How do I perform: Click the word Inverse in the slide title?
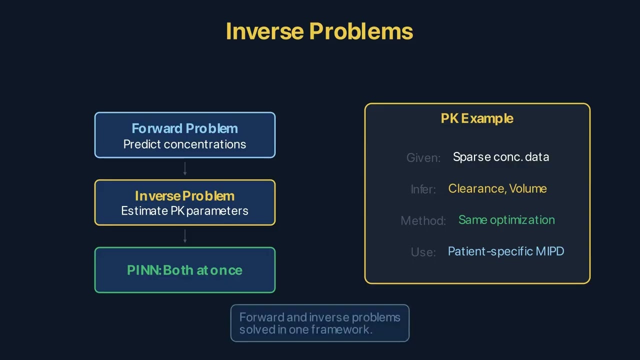264,31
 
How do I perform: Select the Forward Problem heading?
184,128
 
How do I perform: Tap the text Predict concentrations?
184,144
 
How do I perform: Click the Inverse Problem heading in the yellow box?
184,195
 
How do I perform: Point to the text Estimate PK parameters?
184,210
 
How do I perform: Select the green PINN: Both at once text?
184,270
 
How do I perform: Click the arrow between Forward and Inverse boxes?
185,168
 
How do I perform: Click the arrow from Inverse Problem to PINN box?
185,236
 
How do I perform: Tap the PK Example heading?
477,118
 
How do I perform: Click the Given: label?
423,158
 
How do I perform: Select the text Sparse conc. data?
500,157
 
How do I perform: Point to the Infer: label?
423,189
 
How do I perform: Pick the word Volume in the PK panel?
528,188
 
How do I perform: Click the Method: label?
423,220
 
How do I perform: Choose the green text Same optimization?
506,220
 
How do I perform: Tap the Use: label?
423,252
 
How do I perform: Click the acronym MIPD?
549,251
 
